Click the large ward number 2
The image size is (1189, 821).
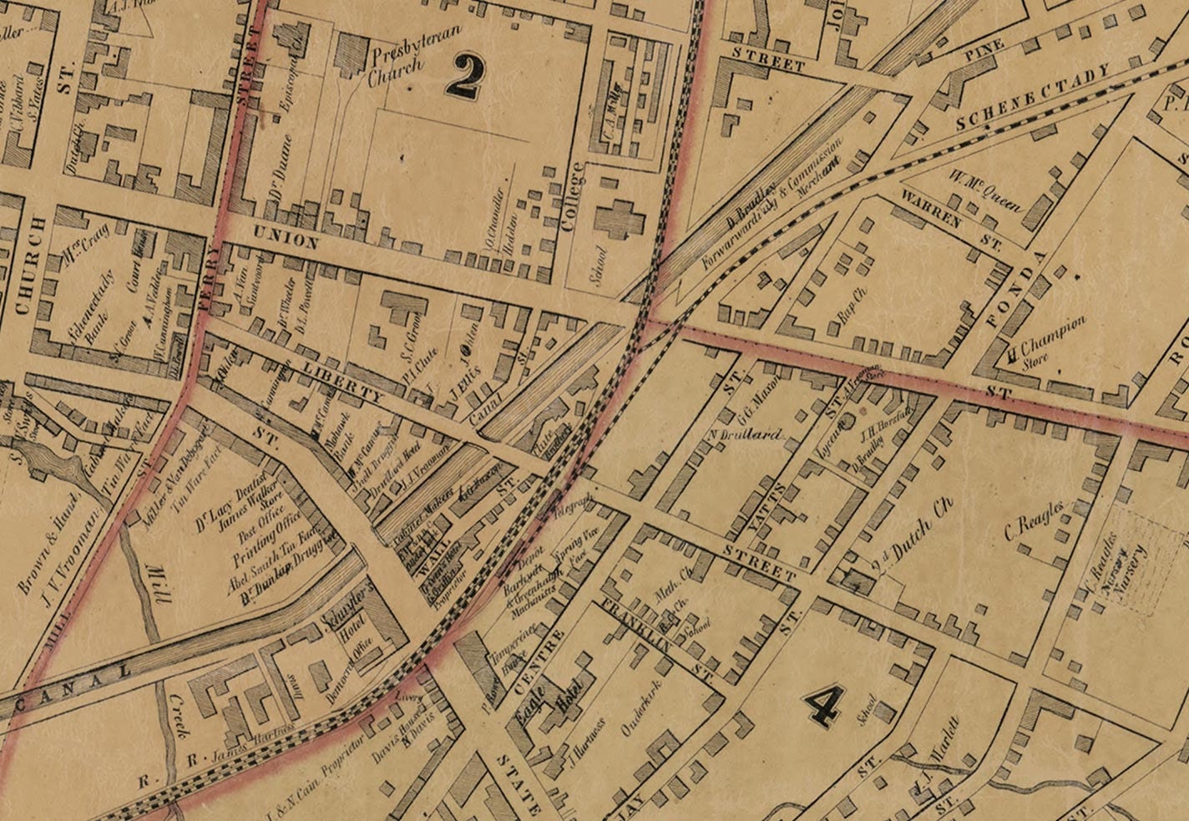[x=464, y=77]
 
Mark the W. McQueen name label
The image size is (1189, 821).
[x=984, y=190]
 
